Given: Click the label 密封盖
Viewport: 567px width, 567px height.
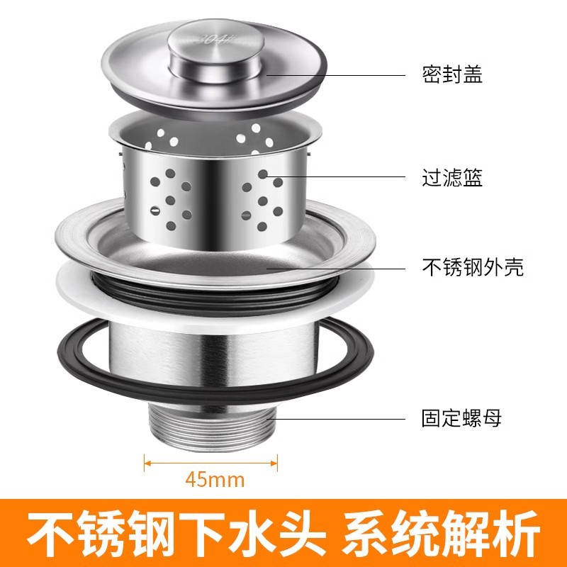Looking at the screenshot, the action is point(452,74).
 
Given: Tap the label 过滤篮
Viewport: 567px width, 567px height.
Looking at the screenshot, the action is point(452,177).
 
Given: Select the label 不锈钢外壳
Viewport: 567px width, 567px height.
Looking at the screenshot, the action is point(473,267).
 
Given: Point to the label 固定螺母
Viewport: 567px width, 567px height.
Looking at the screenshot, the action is point(462,418).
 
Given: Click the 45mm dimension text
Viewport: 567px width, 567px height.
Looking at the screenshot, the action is point(215,480).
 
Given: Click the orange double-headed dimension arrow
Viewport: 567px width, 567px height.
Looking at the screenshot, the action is point(210,463).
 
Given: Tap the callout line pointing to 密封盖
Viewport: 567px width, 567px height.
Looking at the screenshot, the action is point(336,75).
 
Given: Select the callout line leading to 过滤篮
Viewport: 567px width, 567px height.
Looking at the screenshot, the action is point(336,176).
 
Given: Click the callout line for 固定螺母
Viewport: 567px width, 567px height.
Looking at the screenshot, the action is point(336,419).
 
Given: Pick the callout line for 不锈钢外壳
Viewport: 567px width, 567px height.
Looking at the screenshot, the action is point(336,269).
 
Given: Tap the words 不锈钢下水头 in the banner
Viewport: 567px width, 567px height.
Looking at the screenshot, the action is point(176,534).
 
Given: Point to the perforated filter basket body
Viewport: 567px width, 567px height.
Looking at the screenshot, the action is point(215,196).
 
